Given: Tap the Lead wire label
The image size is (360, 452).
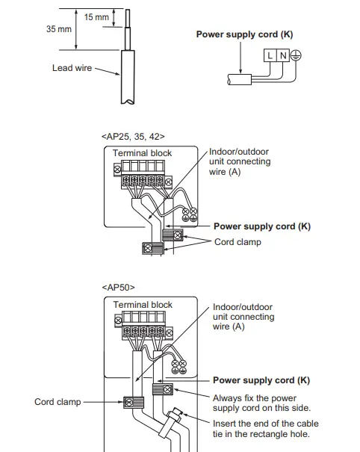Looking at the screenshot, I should (72, 68).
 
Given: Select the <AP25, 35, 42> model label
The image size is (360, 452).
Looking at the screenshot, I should (132, 137).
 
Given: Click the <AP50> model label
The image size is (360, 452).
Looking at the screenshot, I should (117, 287).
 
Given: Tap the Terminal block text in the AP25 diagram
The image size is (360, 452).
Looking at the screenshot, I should (142, 153).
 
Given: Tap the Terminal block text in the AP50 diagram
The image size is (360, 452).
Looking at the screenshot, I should (143, 305).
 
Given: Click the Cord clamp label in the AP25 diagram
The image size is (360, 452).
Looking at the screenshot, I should (238, 242).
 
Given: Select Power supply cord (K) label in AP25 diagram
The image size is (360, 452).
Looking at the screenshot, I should (261, 226).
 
